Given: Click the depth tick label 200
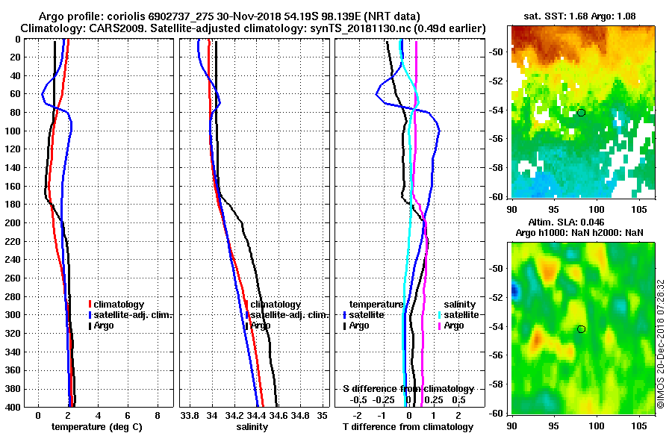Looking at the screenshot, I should click(x=15, y=223).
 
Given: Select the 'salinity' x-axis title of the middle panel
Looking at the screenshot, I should click(x=252, y=427).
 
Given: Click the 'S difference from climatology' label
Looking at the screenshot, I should click(x=408, y=389).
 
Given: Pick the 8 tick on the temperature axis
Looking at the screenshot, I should click(x=157, y=415).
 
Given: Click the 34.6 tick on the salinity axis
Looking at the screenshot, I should click(x=279, y=415).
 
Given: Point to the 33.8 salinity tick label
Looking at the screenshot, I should click(x=190, y=415).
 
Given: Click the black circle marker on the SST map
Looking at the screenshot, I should click(x=581, y=113).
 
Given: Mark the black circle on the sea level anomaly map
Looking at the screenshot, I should click(x=581, y=329).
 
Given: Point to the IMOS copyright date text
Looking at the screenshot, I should click(x=661, y=343).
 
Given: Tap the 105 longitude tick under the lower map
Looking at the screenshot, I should click(x=639, y=426).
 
